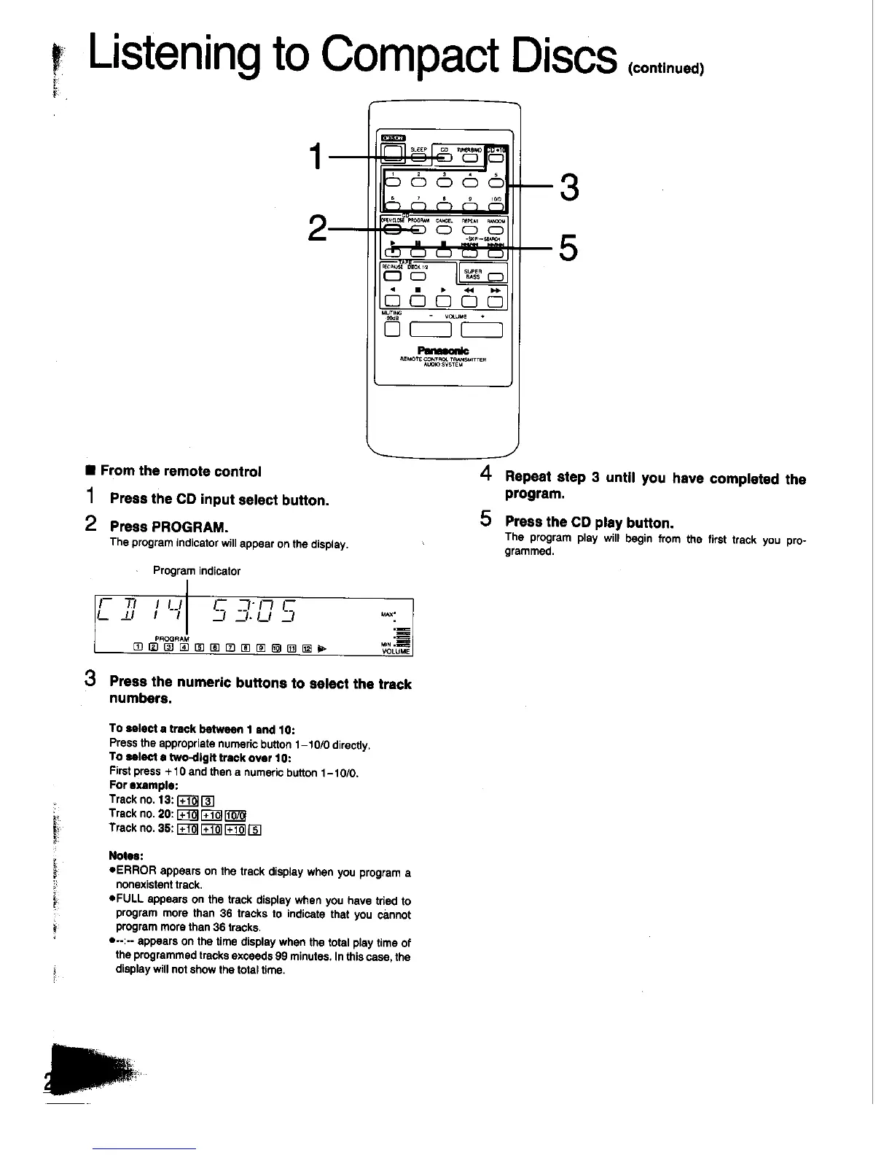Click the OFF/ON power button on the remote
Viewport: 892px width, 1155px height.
394,152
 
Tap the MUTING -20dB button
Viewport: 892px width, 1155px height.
393,330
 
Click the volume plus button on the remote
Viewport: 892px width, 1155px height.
482,330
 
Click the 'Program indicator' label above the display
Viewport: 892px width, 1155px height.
196,571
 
